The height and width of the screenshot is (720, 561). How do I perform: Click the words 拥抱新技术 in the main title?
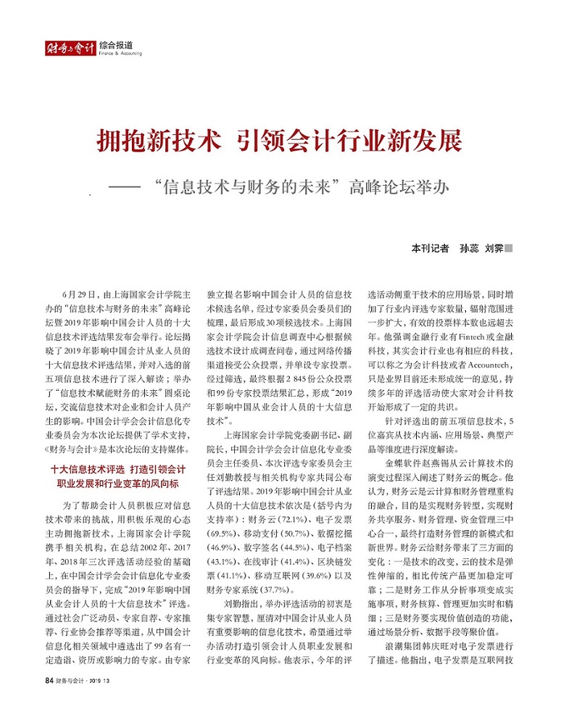157,140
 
